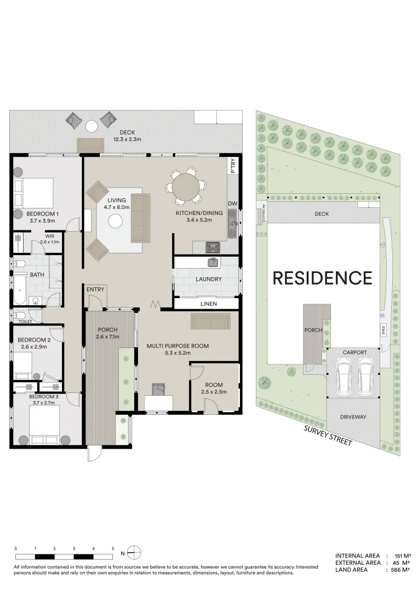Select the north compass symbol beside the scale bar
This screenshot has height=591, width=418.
click(x=135, y=551)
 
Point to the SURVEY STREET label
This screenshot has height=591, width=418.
click(x=328, y=435)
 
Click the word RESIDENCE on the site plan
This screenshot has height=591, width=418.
click(x=322, y=278)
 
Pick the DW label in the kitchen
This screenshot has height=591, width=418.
click(x=233, y=204)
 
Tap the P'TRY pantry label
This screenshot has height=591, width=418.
click(x=233, y=165)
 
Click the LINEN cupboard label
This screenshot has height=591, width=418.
click(x=209, y=304)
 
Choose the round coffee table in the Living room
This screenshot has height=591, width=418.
click(x=116, y=221)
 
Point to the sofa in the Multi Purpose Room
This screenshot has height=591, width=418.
click(x=210, y=321)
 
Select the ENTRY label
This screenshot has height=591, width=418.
click(x=95, y=289)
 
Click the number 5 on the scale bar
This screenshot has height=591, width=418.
click(x=113, y=548)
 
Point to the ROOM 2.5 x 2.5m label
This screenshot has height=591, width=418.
click(x=214, y=389)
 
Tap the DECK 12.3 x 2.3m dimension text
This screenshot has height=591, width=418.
click(x=128, y=139)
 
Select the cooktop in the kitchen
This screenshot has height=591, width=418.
click(x=213, y=248)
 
